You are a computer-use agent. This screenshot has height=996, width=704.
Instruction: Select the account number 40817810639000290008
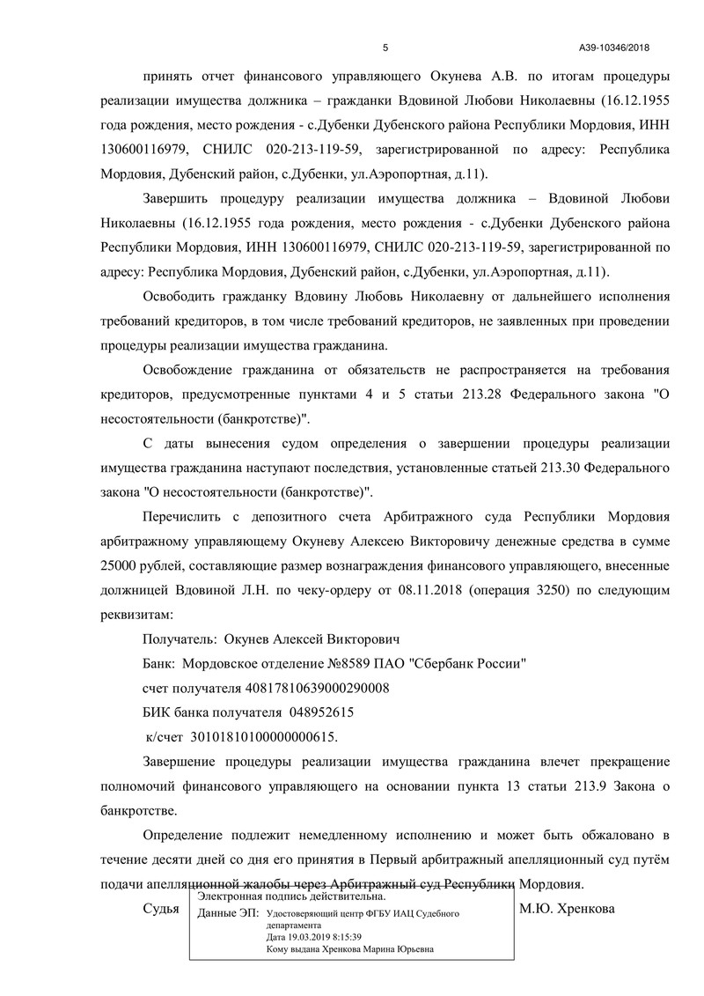click(x=311, y=687)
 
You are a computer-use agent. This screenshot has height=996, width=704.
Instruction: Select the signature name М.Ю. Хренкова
click(x=568, y=908)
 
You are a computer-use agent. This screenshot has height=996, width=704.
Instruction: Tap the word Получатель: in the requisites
click(x=179, y=638)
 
